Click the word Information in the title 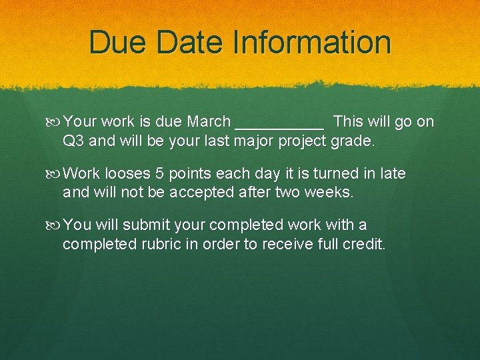(x=311, y=42)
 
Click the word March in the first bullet (x=209, y=122)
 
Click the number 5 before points (x=159, y=174)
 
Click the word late (x=393, y=174)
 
